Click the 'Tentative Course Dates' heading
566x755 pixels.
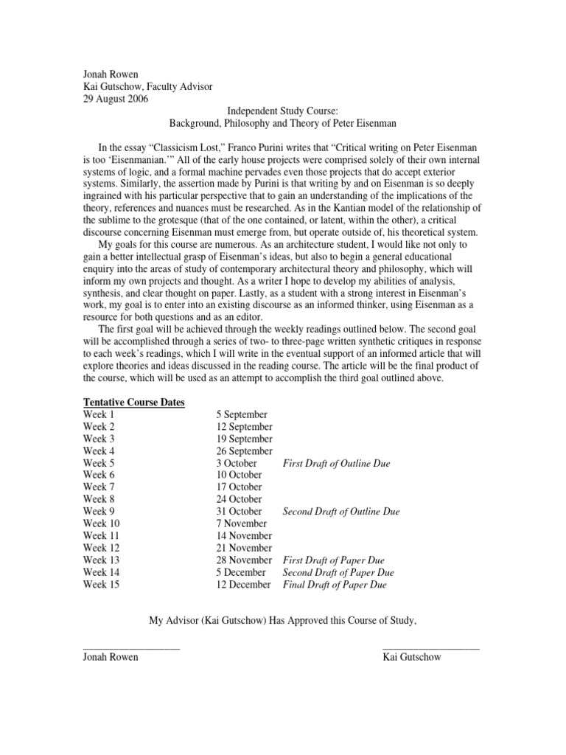click(x=133, y=402)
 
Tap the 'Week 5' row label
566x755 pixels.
click(x=99, y=463)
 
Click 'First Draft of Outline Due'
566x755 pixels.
click(x=336, y=463)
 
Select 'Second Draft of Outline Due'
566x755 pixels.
click(x=341, y=511)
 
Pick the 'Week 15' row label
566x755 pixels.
click(x=102, y=585)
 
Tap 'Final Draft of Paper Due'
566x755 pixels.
click(x=335, y=585)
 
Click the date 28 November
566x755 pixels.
click(x=244, y=560)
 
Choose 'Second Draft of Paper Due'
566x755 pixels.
click(x=338, y=572)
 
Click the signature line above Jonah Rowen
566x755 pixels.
click(x=131, y=647)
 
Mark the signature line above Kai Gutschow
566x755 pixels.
click(x=431, y=647)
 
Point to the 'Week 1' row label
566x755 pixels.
click(x=99, y=414)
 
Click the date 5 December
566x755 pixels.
click(x=241, y=572)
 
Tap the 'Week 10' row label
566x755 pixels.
click(x=102, y=523)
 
